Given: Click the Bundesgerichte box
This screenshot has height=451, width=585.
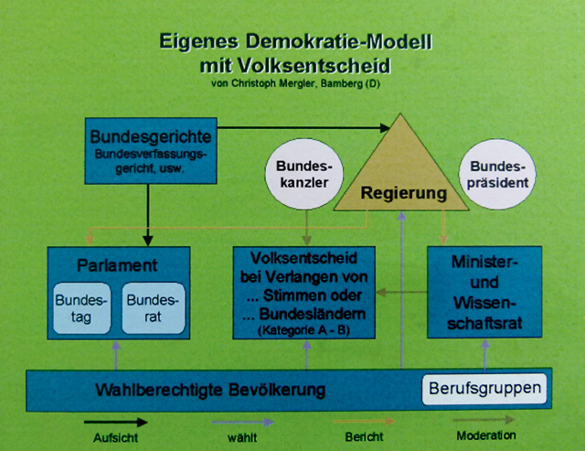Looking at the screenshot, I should pos(152,151).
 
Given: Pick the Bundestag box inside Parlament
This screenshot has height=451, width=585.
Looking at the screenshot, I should pos(81,310).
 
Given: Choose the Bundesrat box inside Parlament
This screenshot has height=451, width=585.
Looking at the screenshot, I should pos(152,310).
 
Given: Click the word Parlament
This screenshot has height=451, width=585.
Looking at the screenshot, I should pos(118,266).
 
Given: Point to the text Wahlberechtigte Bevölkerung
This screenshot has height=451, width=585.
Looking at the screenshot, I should pos(209,391).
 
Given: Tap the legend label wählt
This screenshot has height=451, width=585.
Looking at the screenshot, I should pos(241,437).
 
